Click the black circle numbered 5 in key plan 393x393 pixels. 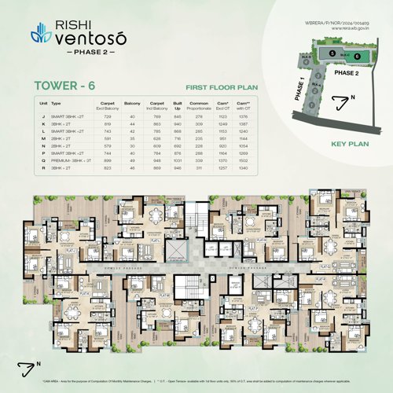point(332,52)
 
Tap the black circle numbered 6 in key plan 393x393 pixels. point(357,57)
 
